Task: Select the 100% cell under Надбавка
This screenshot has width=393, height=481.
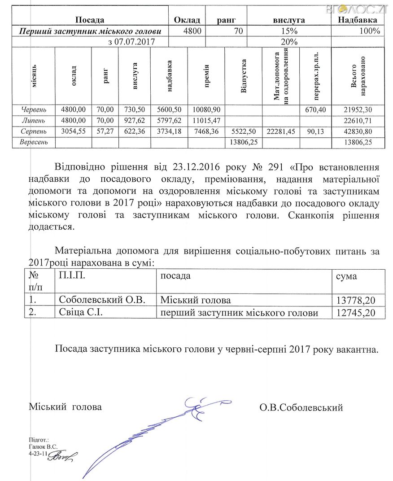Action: pyautogui.click(x=370, y=31)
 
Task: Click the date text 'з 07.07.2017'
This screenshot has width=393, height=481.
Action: pyautogui.click(x=132, y=42)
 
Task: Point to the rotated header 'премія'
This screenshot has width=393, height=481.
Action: pyautogui.click(x=206, y=75)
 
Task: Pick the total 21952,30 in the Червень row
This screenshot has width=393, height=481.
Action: pyautogui.click(x=357, y=109)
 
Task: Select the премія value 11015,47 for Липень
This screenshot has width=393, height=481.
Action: pyautogui.click(x=206, y=120)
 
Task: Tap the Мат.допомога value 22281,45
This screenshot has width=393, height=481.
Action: pyautogui.click(x=280, y=131)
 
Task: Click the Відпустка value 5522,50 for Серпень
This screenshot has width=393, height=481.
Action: pyautogui.click(x=243, y=131)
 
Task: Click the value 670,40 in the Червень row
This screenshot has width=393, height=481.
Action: pyautogui.click(x=315, y=109)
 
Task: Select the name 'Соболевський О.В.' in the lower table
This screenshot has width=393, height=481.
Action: pyautogui.click(x=102, y=300)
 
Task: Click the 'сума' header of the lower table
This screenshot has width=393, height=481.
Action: pyautogui.click(x=346, y=275)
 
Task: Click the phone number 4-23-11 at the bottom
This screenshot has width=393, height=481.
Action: pyautogui.click(x=38, y=454)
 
